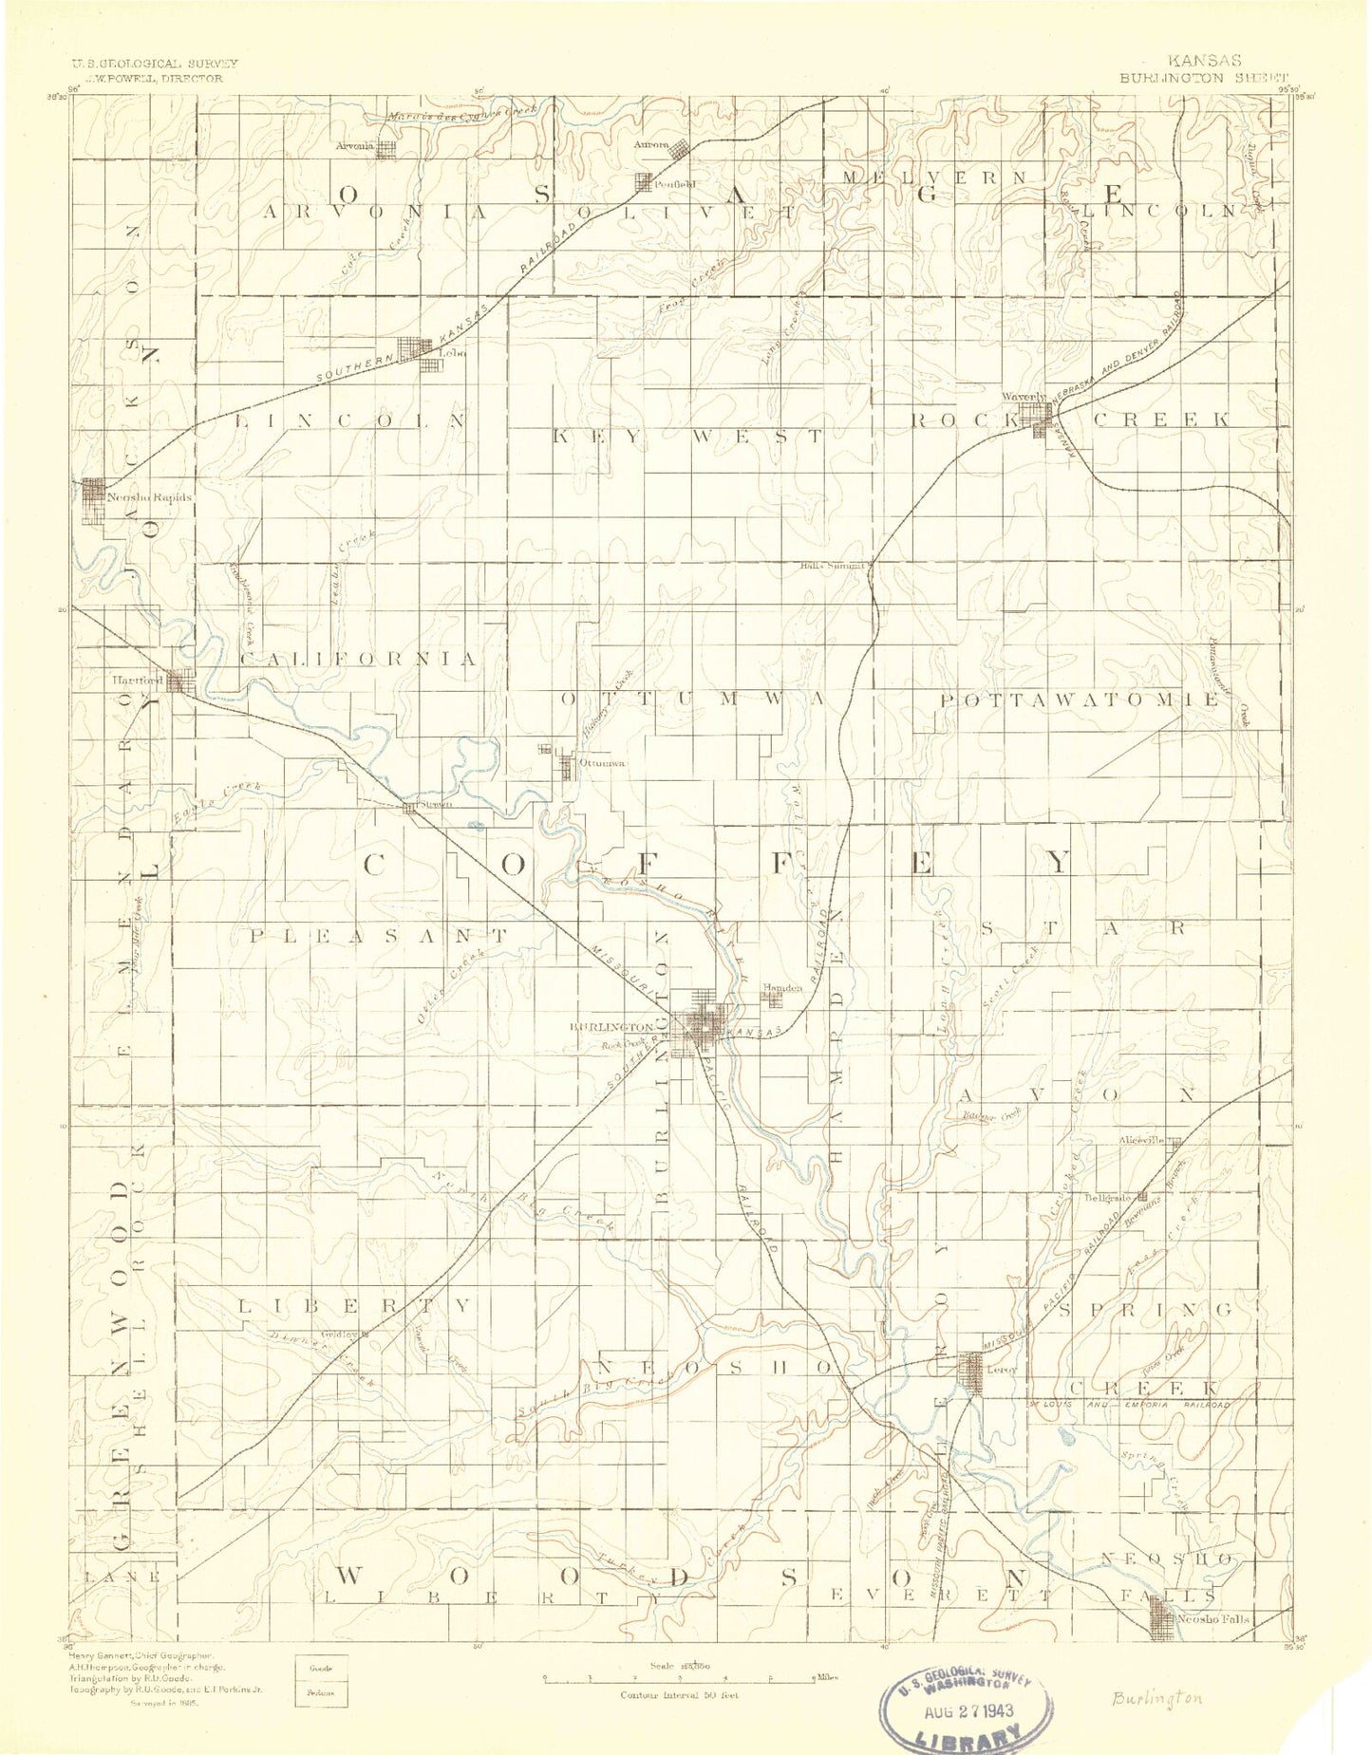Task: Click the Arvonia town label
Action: (356, 146)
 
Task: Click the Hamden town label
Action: (782, 988)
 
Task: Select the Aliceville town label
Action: (1141, 1141)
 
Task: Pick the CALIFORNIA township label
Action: (358, 659)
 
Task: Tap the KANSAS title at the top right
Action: (1206, 61)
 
